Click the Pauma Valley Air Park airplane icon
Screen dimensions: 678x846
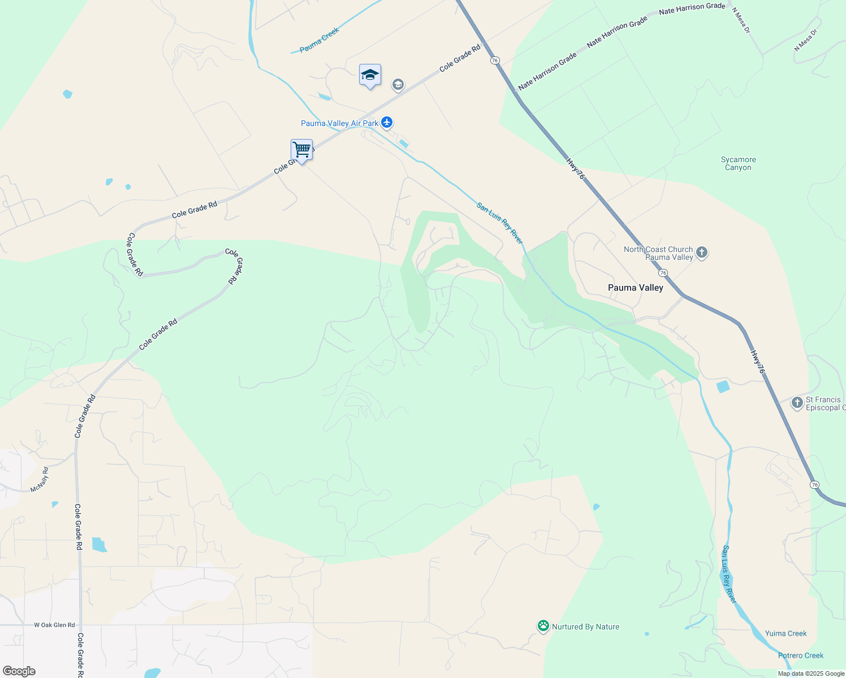point(387,122)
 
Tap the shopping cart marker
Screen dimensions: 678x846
point(302,150)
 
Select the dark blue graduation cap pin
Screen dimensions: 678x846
point(370,75)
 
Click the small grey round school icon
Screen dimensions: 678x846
point(398,85)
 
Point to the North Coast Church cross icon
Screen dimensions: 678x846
point(702,253)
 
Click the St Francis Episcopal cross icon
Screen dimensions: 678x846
point(797,403)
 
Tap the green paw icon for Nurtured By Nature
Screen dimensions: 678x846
point(543,626)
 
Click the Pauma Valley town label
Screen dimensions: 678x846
point(635,288)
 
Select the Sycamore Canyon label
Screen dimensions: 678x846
point(738,163)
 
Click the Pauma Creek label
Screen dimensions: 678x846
point(319,40)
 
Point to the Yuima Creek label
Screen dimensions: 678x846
point(785,633)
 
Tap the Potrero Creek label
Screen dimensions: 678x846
point(801,655)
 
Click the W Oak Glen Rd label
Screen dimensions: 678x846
point(54,625)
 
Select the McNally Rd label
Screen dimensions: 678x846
point(40,479)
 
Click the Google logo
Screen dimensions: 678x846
point(19,671)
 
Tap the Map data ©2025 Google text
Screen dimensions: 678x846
point(811,673)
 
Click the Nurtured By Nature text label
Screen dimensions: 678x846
point(585,627)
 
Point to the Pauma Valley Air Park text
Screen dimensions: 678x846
point(339,123)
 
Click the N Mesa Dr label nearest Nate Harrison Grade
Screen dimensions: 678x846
point(741,20)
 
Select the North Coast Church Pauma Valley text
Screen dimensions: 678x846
point(658,253)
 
